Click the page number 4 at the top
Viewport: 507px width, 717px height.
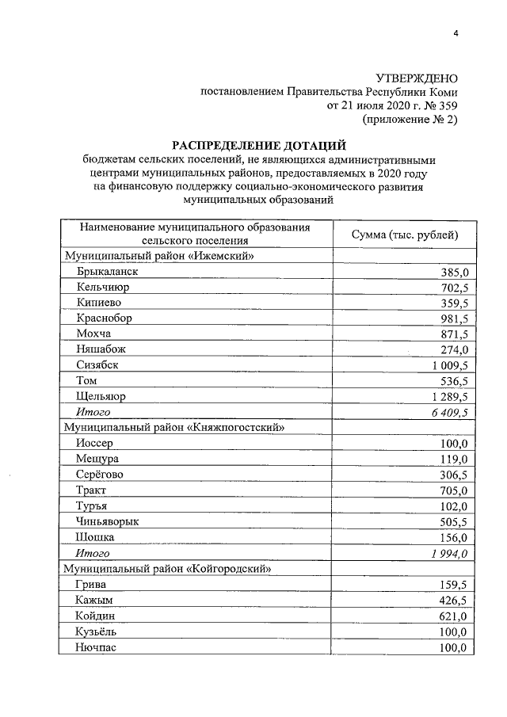tap(456, 32)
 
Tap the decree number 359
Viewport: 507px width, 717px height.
tap(446, 105)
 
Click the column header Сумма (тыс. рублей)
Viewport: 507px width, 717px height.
tap(404, 235)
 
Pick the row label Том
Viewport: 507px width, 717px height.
tap(86, 380)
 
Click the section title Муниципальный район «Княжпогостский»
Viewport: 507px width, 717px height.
tap(174, 428)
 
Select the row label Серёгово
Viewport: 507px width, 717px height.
tap(100, 475)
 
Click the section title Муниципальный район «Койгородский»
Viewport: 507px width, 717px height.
tap(169, 569)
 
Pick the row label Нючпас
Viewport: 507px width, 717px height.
tap(97, 647)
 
